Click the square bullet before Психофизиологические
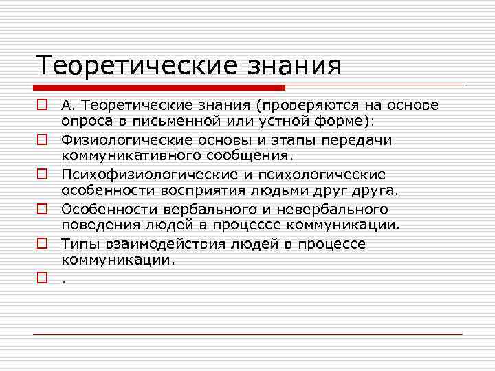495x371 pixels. [42, 175]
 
